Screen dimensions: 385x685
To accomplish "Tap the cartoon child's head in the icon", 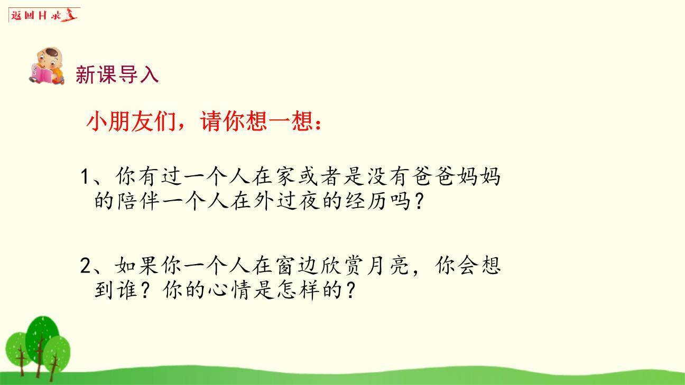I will pos(51,57).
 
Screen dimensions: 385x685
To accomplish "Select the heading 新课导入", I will pos(117,74).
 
